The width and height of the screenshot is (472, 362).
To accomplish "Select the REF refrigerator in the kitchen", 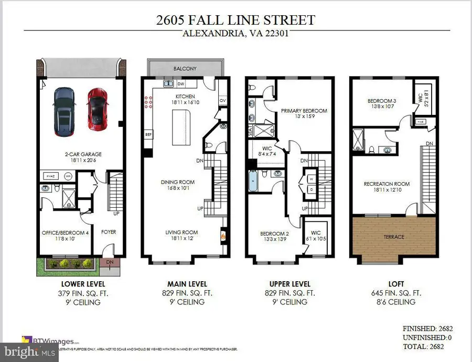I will click(148, 134).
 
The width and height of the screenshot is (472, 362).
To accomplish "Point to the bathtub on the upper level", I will click(254, 185).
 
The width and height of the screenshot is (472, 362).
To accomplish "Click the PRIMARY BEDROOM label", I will click(304, 111).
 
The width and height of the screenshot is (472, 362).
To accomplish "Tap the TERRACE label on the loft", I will click(393, 237).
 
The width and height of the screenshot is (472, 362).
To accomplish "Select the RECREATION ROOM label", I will click(387, 184).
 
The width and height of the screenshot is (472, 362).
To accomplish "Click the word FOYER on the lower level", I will click(109, 232).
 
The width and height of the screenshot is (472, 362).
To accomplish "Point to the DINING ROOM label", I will click(177, 183).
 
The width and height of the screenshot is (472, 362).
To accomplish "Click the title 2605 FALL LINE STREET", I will click(235, 20).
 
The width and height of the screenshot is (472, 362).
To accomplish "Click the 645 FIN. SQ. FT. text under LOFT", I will click(393, 293).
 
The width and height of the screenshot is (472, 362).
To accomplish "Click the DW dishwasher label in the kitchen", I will click(180, 83).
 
